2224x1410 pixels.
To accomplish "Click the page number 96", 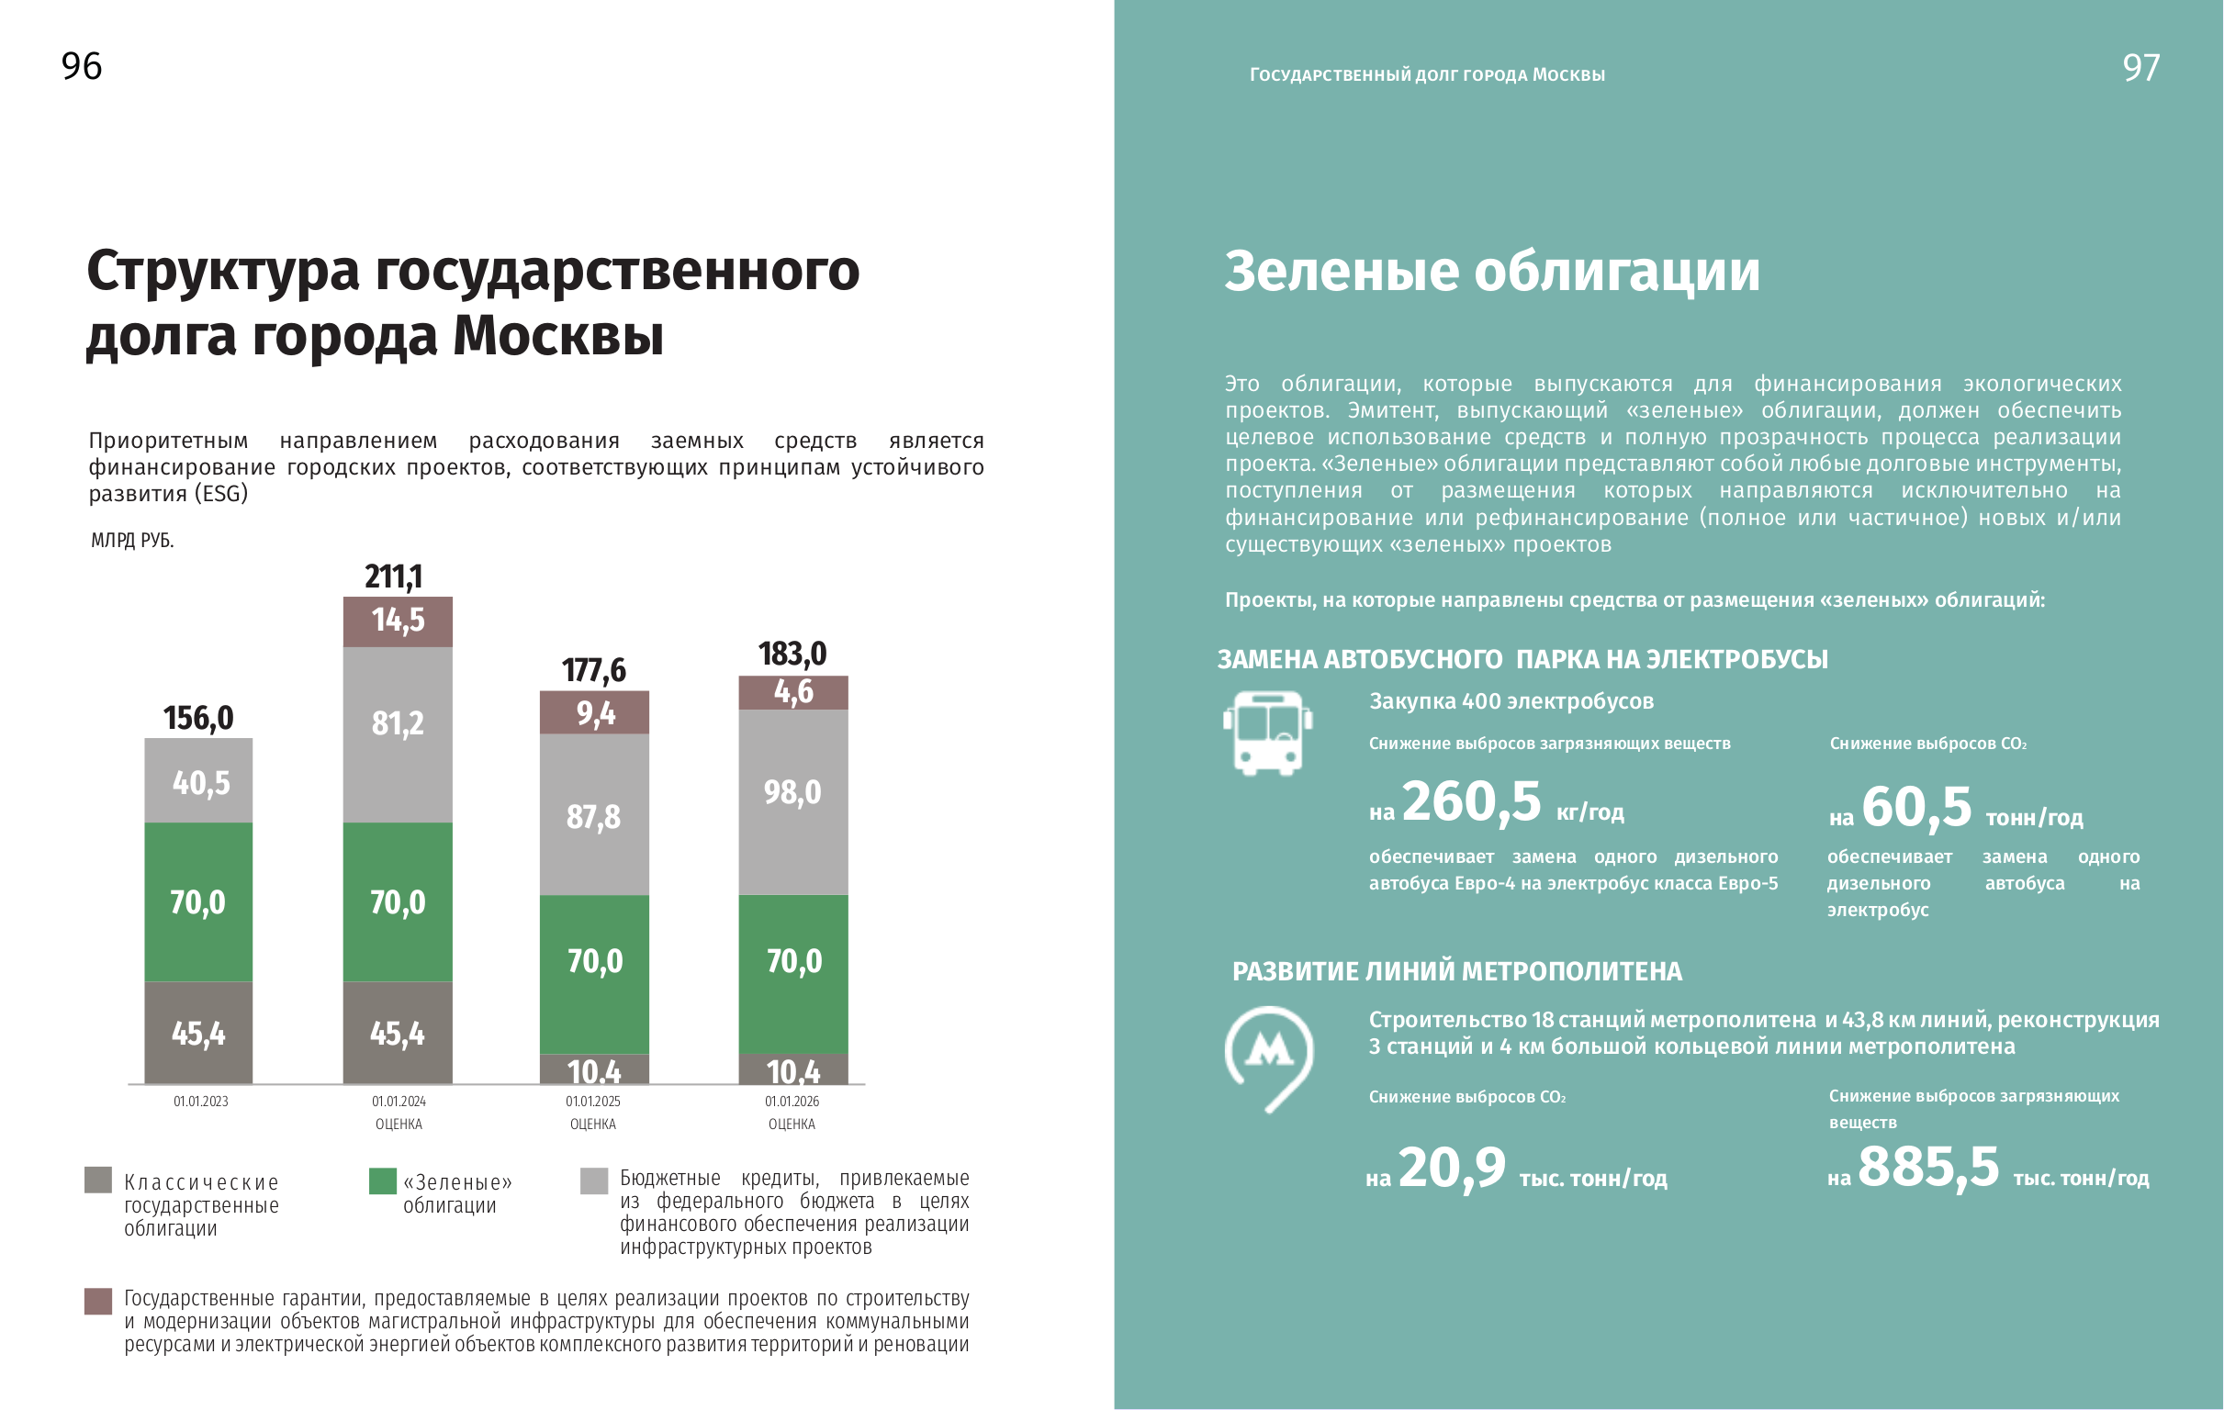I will click(82, 66).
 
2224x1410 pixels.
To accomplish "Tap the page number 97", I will click(2140, 68).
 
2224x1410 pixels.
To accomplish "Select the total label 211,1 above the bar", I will click(393, 577).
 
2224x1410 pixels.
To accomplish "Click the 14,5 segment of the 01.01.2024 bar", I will click(399, 621).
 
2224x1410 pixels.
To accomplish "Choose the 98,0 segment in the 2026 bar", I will click(792, 792).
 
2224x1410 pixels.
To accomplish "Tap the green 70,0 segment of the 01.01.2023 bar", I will click(197, 902).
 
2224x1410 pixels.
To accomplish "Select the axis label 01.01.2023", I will click(200, 1102).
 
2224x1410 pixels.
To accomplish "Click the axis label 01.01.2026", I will click(792, 1102).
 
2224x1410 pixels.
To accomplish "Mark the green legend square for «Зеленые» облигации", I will click(382, 1181).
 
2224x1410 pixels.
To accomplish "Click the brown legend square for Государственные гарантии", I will click(98, 1301).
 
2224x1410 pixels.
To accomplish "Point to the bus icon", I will click(1268, 733).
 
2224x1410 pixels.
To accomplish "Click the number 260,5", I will click(1471, 801).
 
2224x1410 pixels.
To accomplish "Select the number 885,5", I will click(1927, 1166).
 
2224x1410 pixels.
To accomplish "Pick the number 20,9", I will click(1451, 1168).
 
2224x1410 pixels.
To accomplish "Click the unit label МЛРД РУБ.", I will click(132, 540).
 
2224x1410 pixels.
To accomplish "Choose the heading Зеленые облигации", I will click(1491, 272).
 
